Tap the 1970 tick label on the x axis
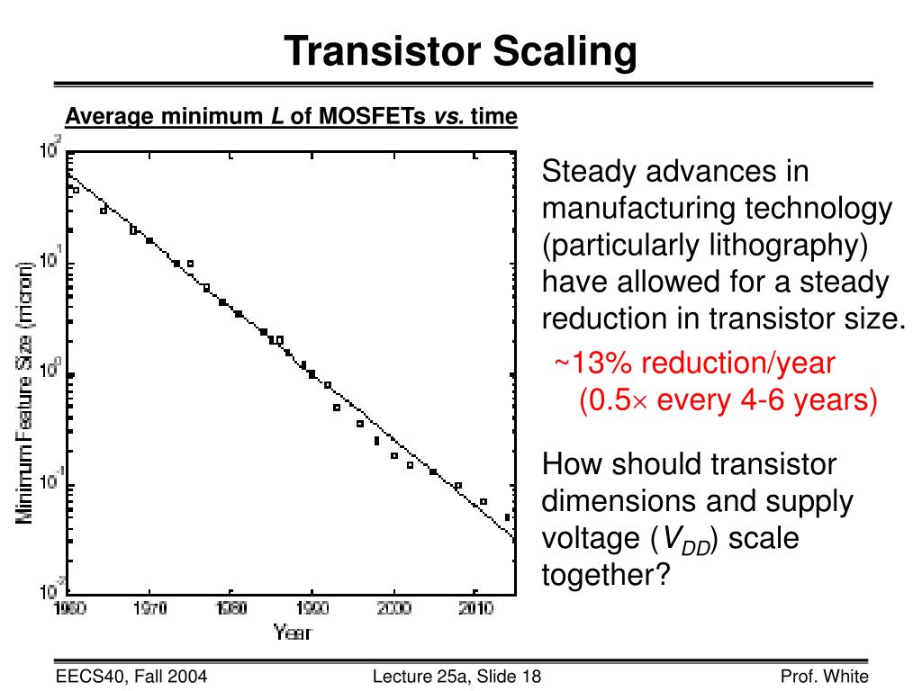150,609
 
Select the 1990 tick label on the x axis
312,609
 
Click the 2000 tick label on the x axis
393,609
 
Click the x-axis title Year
292,633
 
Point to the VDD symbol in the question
688,540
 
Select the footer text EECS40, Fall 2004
131,677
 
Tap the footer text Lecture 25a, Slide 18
456,677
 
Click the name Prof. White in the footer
824,677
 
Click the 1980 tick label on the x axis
231,609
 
